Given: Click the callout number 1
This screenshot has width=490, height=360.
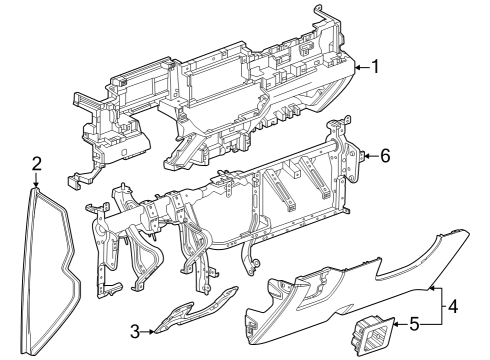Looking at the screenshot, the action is coord(375,67).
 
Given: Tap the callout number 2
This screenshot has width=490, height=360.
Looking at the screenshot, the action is coord(36,164).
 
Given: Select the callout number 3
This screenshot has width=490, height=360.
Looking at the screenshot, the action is coord(135,332).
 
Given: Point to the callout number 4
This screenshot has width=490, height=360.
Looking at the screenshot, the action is coord(453,306).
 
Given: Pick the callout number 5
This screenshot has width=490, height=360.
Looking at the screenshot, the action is coord(414,324).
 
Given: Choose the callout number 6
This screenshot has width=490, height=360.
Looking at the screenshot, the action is coord(385,156).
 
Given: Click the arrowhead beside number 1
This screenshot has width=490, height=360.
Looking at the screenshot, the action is coord(357,68).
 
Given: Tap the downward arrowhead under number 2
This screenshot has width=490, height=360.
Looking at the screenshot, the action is coord(36,184).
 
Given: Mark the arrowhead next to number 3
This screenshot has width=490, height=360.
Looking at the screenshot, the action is coord(152,332).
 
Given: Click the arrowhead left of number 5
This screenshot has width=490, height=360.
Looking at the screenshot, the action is coord(396,324).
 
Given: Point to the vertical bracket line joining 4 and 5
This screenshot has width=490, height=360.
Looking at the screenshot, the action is coord(442,305).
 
